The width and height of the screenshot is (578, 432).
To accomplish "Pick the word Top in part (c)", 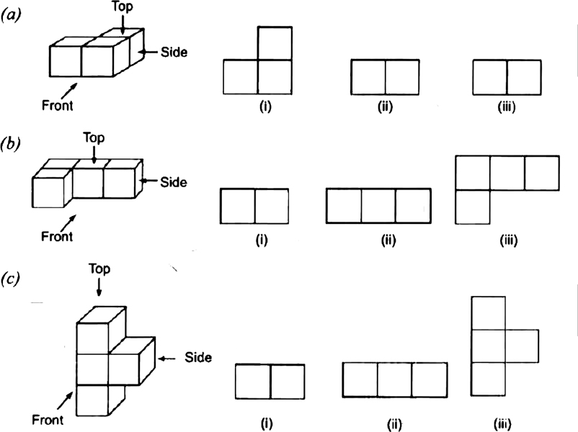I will click(x=99, y=268).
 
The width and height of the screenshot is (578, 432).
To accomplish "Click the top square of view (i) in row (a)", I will click(x=275, y=43).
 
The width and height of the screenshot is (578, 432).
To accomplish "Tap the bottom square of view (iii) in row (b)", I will click(x=473, y=207).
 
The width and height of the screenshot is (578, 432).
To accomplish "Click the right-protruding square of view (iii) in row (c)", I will click(x=521, y=346).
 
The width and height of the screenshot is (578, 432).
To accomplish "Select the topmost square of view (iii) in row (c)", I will click(x=489, y=312).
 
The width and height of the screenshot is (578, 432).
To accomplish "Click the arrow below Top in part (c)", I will click(x=99, y=287).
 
